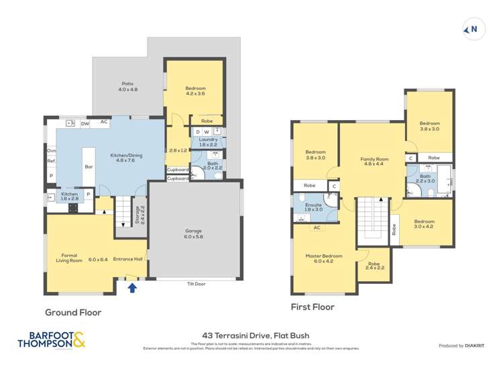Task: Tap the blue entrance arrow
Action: coord(132,288)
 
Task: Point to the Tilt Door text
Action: coord(195,284)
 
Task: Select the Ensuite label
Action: coord(314,207)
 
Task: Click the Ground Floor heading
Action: coord(73,312)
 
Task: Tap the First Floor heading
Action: coord(312,307)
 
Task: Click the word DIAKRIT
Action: coord(473,346)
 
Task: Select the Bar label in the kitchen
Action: coord(88,167)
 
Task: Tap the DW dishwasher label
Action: coord(85,123)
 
